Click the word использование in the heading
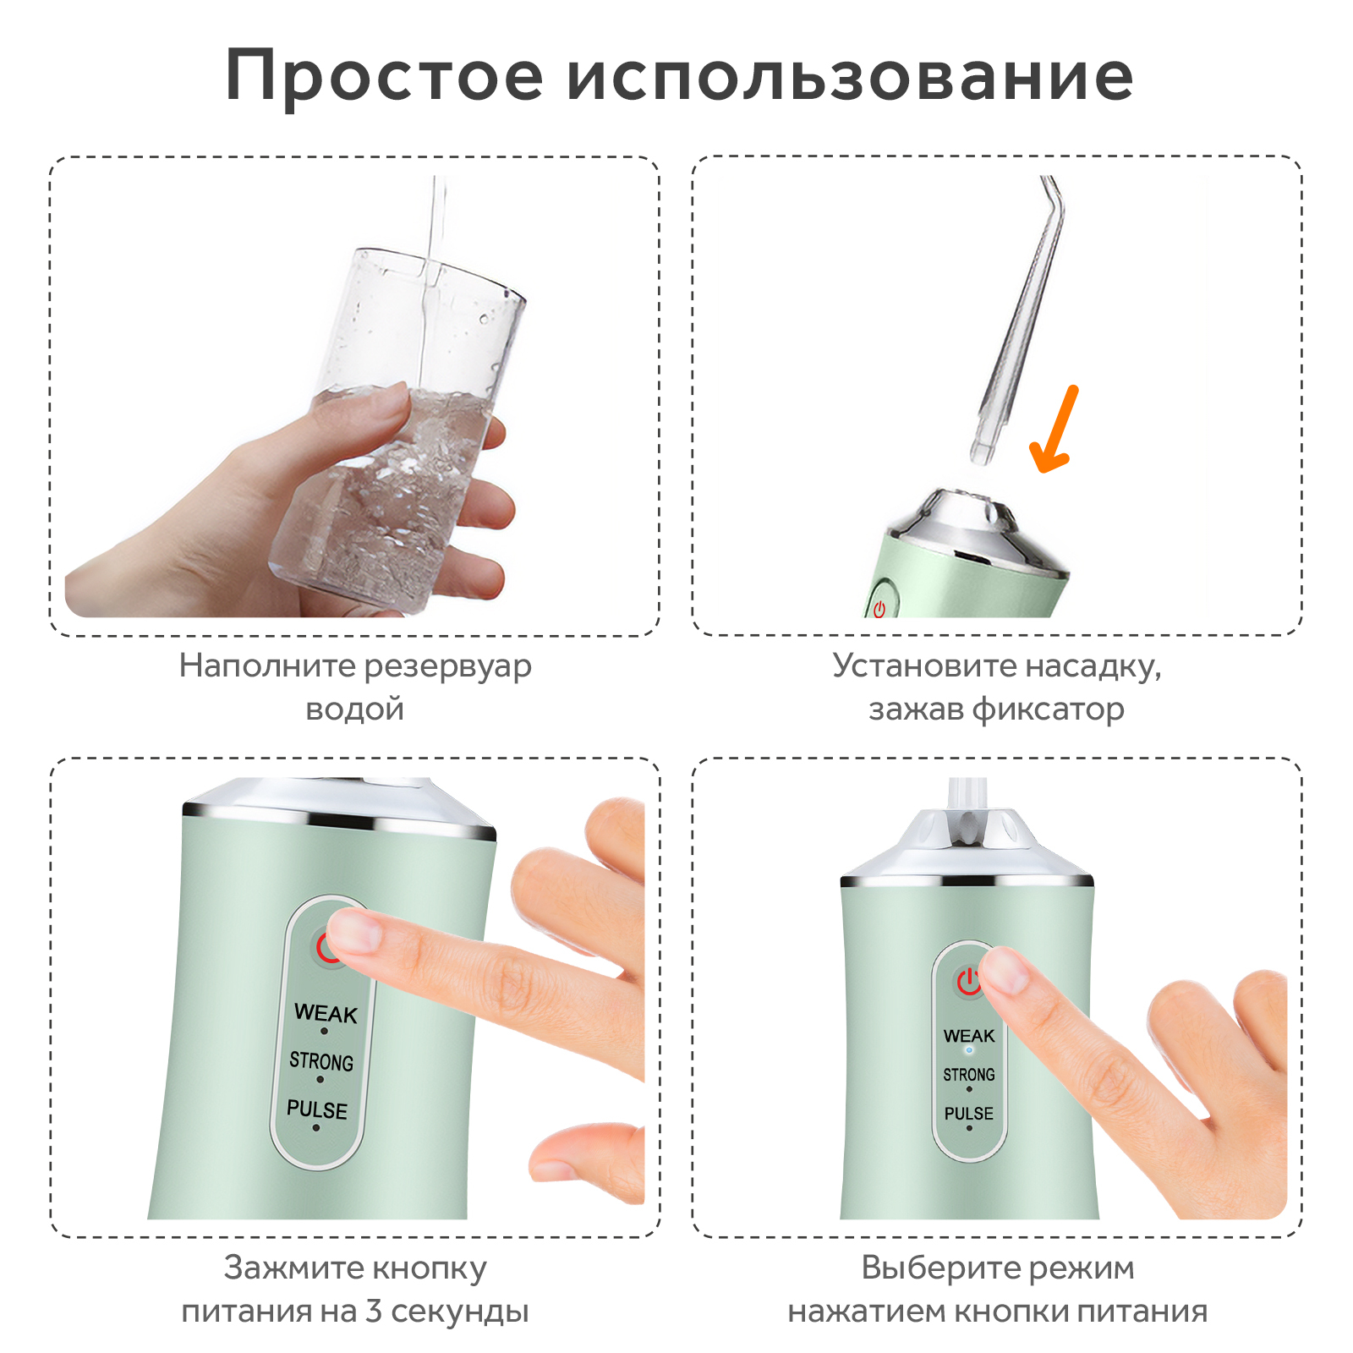pyautogui.click(x=850, y=76)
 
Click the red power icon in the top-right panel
pyautogui.click(x=879, y=608)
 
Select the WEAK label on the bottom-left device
pyautogui.click(x=326, y=1013)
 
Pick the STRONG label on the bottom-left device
pyautogui.click(x=321, y=1061)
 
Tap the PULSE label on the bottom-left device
pyautogui.click(x=317, y=1109)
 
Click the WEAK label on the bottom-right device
pyautogui.click(x=969, y=1036)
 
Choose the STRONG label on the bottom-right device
pyautogui.click(x=969, y=1075)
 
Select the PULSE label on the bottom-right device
pyautogui.click(x=969, y=1114)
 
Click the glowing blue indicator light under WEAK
pyautogui.click(x=969, y=1050)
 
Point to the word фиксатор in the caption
pyautogui.click(x=1049, y=709)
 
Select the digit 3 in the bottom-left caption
pyautogui.click(x=374, y=1311)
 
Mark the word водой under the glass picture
pyautogui.click(x=354, y=709)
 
